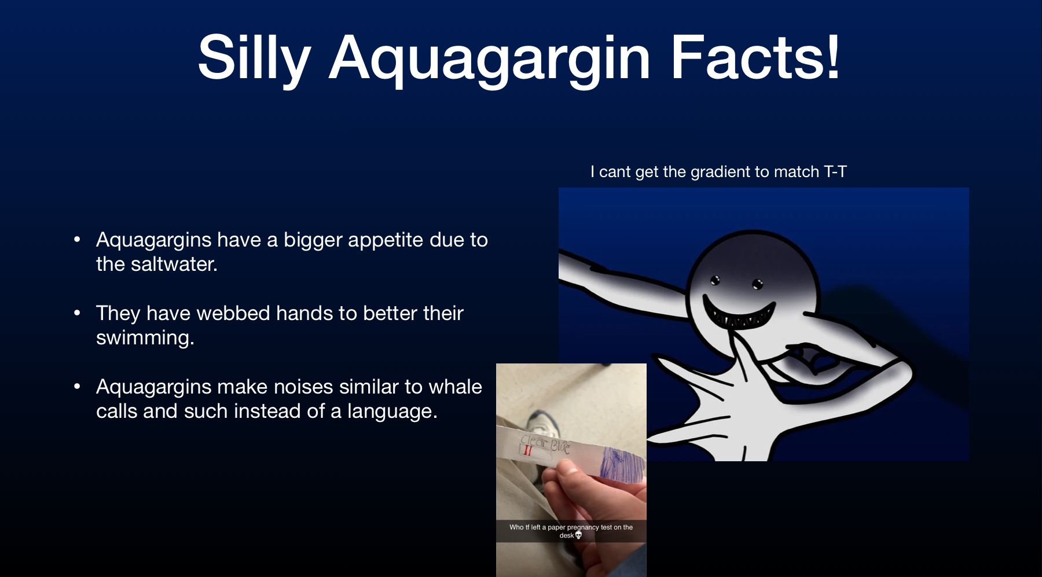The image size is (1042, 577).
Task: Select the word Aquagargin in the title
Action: coord(490,60)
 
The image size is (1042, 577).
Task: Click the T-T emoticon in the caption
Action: coord(835,172)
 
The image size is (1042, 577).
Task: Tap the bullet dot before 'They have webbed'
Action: coord(77,313)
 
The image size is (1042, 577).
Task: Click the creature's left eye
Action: coord(716,281)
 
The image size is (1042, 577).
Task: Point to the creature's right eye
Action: coord(758,284)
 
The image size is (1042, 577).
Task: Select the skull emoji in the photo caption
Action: coord(578,535)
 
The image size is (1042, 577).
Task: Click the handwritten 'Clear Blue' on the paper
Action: coord(545,443)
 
